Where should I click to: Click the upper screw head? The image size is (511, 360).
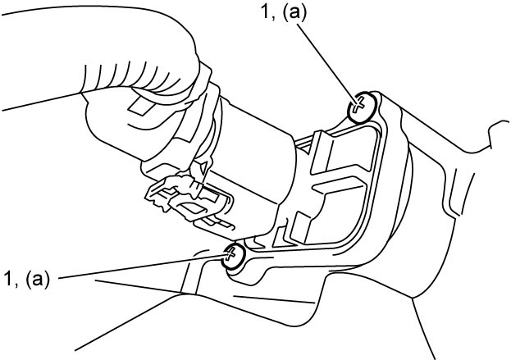click(362, 107)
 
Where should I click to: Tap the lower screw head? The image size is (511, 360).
click(233, 256)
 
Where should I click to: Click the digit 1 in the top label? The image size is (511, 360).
click(265, 14)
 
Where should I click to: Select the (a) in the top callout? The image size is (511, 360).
click(294, 15)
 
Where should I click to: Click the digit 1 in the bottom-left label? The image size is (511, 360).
click(8, 279)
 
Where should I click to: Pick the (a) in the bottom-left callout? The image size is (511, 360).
click(38, 280)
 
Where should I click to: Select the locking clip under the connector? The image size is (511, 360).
click(189, 200)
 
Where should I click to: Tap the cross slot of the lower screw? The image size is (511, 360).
click(230, 253)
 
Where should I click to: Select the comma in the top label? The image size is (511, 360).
click(273, 21)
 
